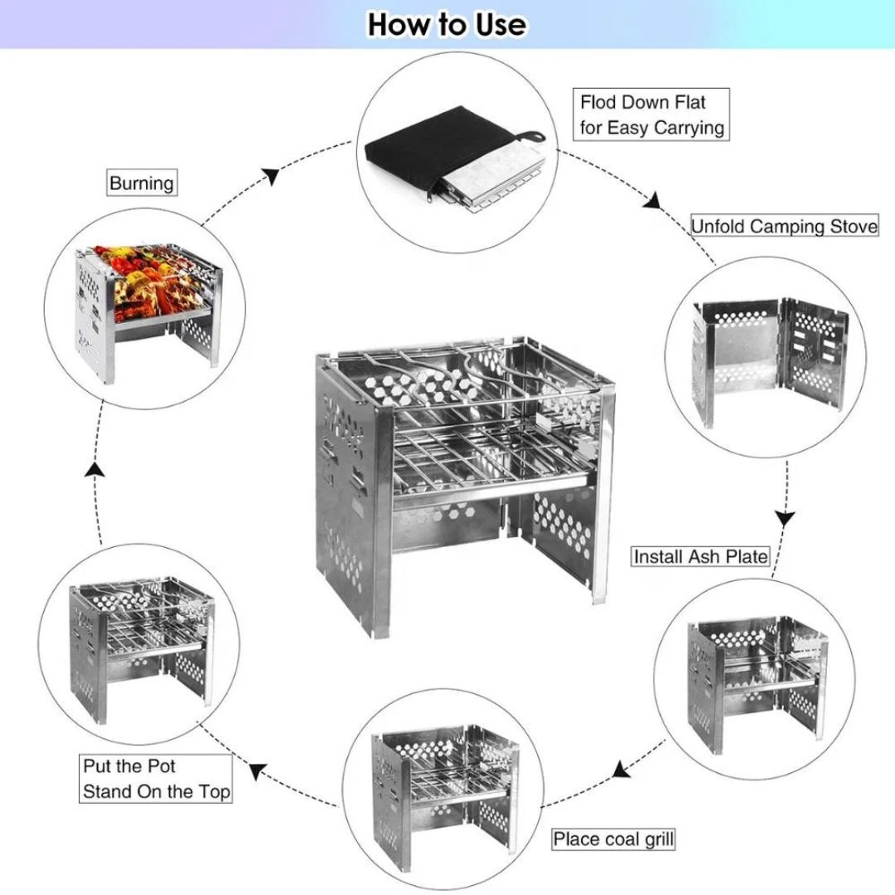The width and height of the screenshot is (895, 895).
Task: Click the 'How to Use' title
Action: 447,24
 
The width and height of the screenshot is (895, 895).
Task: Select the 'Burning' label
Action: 142,183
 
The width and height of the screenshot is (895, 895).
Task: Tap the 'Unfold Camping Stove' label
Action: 784,226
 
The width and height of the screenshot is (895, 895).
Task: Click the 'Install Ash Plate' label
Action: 700,556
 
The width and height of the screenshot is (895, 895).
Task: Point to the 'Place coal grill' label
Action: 613,839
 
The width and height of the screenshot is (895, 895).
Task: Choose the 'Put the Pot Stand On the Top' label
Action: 156,779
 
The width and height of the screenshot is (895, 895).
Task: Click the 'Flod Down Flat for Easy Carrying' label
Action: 651,114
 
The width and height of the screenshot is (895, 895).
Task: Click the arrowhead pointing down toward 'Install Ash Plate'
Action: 785,519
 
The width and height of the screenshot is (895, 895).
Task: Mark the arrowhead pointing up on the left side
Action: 97,470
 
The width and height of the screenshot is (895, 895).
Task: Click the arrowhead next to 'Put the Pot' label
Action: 258,771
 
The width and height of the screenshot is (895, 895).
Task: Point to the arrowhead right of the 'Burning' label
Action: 270,177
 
